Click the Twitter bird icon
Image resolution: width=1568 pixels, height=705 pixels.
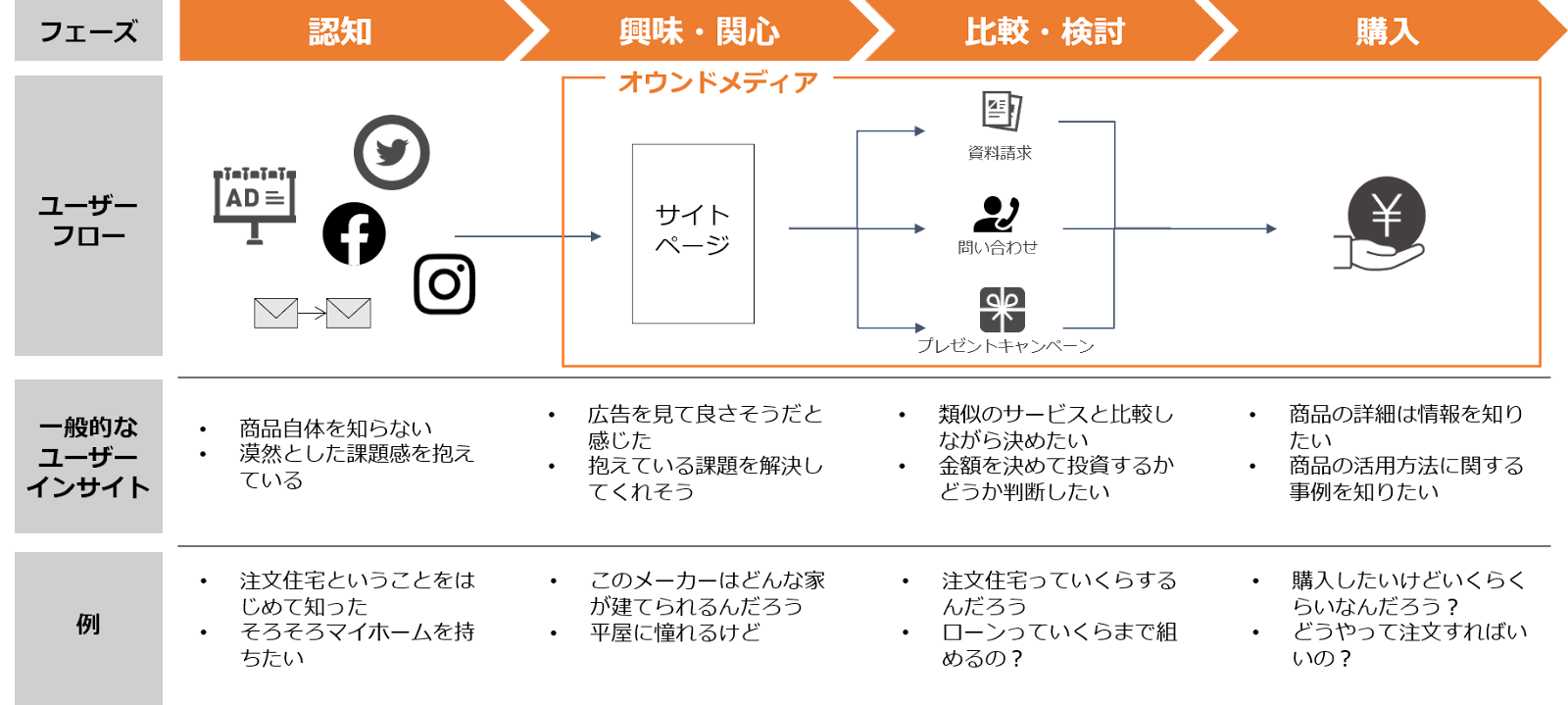point(391,152)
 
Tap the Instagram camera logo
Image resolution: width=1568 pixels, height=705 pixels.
point(442,283)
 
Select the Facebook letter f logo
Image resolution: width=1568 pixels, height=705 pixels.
point(354,239)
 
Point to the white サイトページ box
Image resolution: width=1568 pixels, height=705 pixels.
point(693,233)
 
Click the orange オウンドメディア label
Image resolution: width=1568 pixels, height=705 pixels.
point(718,83)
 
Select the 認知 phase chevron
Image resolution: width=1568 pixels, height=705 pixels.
point(343,31)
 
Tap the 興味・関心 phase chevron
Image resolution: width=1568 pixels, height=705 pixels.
point(700,31)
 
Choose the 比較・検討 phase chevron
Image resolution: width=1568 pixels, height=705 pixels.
point(1045,31)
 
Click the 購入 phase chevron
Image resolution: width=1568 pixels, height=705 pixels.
point(1386,31)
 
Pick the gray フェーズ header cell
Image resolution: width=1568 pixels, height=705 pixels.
point(88,31)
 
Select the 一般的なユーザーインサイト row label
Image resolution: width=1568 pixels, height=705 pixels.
point(88,457)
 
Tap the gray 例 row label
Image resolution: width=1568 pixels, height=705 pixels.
point(88,626)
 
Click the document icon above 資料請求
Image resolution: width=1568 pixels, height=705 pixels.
point(1002,110)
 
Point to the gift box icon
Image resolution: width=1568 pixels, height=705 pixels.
point(1002,310)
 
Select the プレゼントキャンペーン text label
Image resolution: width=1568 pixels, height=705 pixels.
point(1004,346)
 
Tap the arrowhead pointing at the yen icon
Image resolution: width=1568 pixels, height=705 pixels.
point(1271,228)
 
